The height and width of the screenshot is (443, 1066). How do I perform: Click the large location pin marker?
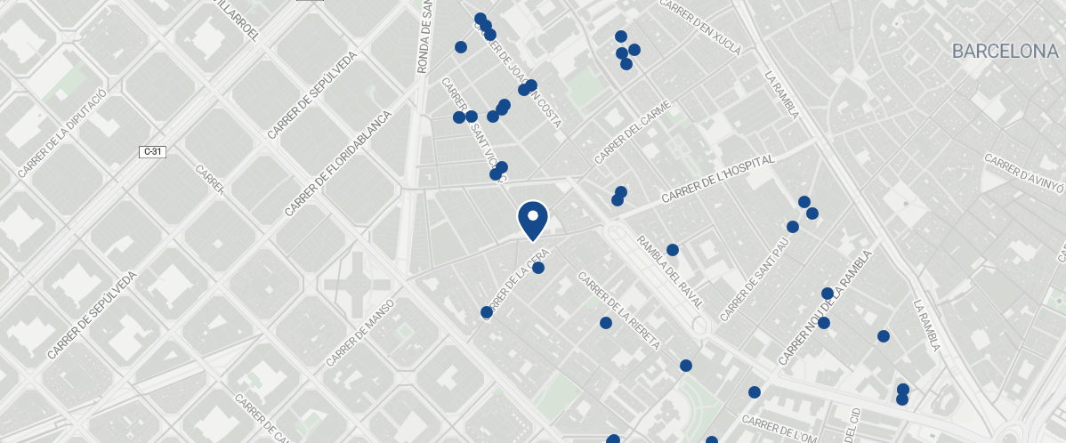[x=532, y=219]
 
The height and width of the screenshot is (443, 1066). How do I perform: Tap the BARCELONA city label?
[x=1005, y=52]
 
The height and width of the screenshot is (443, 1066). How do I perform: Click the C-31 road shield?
[x=153, y=152]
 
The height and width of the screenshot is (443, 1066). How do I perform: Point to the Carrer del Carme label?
[x=632, y=134]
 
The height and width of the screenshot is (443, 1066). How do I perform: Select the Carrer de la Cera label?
[x=514, y=285]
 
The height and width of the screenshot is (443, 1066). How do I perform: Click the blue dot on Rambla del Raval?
[x=673, y=250]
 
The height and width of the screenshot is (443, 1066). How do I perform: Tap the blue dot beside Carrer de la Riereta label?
[x=606, y=323]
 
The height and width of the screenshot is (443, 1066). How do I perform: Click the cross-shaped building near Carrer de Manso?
[x=357, y=284]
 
